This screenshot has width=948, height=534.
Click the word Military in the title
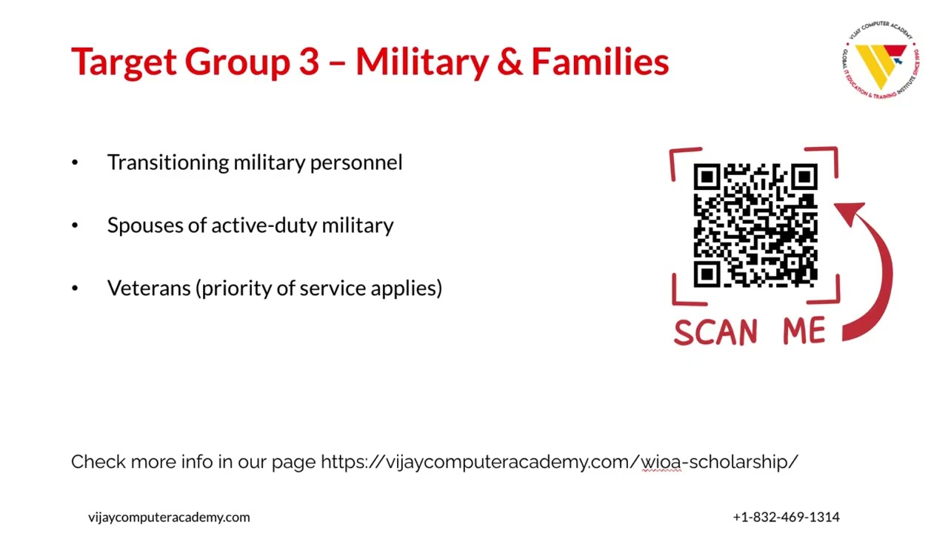click(x=421, y=62)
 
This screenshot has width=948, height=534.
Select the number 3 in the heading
click(x=308, y=62)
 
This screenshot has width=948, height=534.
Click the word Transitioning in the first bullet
click(x=167, y=162)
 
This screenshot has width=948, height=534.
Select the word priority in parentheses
click(x=236, y=289)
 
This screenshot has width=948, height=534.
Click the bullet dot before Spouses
click(x=75, y=225)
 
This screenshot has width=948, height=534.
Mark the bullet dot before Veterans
click(x=75, y=289)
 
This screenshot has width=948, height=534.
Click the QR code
click(x=755, y=225)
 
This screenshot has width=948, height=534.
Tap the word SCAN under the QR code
click(x=715, y=332)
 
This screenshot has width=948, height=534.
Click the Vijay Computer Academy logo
click(x=881, y=64)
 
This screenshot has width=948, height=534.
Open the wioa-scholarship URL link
click(x=559, y=462)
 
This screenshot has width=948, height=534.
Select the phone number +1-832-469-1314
click(x=786, y=517)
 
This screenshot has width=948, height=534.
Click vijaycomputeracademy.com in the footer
click(x=169, y=517)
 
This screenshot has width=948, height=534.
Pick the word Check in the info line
click(x=98, y=462)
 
